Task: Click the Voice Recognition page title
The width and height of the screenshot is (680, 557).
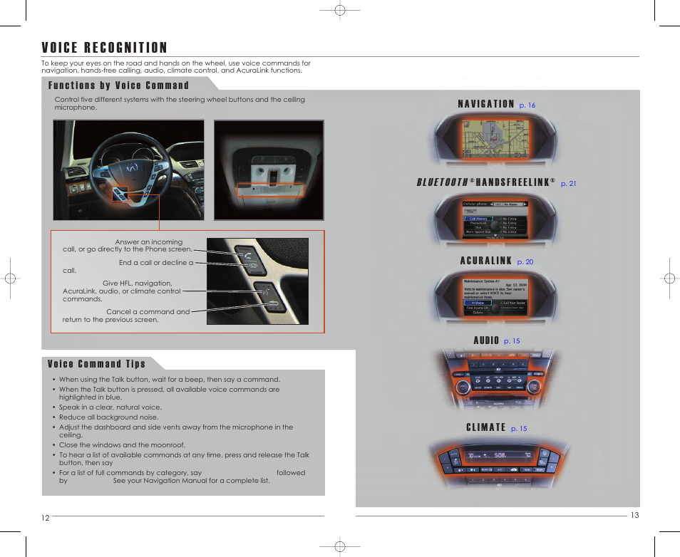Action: pos(104,48)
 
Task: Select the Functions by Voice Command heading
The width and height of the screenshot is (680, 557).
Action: pos(118,85)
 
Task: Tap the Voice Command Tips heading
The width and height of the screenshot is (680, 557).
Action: pos(96,364)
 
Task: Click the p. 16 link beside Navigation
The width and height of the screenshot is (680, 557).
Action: pos(527,105)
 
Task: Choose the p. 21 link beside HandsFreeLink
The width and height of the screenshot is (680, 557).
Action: pos(568,184)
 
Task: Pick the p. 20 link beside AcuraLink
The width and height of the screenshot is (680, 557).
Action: pos(525,262)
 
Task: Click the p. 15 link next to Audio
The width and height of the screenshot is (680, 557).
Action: pos(512,341)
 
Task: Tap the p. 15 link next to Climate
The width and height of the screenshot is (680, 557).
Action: pos(519,429)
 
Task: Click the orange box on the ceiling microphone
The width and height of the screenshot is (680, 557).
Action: pos(270,189)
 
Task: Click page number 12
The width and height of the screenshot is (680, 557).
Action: pos(45,518)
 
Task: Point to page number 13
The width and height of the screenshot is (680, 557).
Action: pos(634,516)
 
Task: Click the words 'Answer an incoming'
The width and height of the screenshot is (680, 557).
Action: pos(148,242)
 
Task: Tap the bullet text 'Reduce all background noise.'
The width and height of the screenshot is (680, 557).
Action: pos(108,417)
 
